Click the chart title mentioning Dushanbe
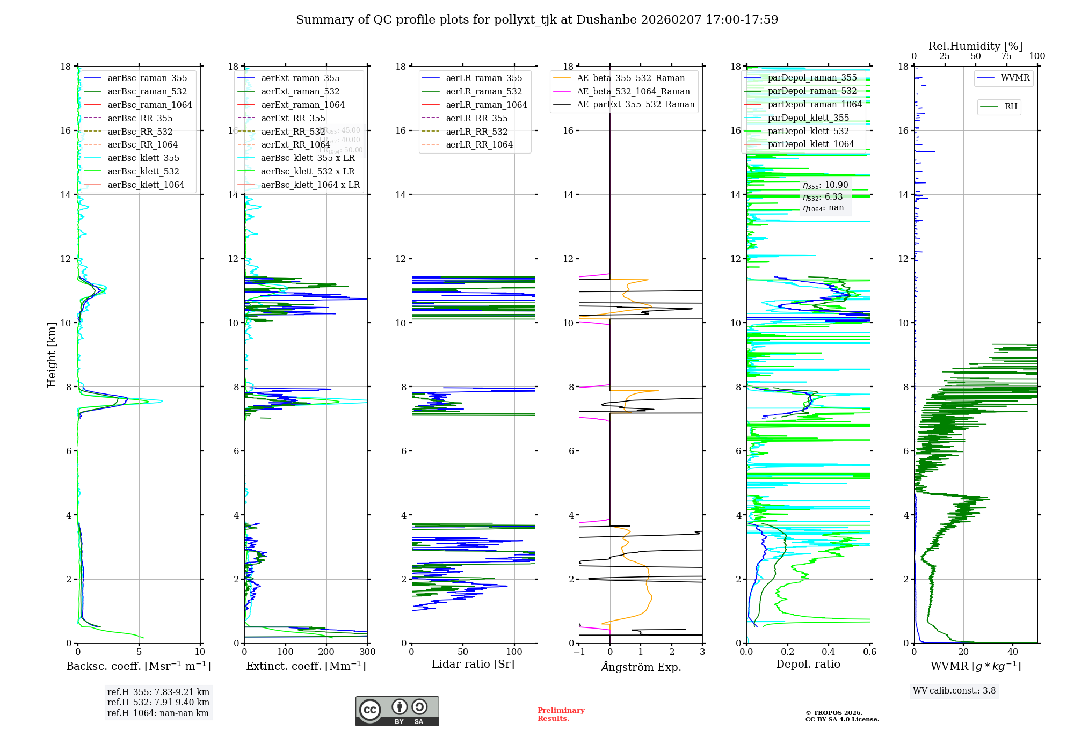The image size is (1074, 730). tap(537, 20)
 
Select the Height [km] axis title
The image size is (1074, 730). tap(52, 355)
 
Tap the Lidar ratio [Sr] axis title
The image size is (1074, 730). tap(473, 665)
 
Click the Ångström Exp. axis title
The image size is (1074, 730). tap(641, 667)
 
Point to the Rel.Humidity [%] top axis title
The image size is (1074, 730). tap(975, 46)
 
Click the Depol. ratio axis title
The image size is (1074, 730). tap(808, 665)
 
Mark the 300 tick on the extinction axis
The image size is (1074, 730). tap(367, 652)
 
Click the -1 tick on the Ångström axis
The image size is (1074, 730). tap(579, 652)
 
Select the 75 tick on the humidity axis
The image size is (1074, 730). tap(1006, 56)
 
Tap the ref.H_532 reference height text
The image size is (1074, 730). tap(158, 702)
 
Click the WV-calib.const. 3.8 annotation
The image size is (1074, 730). tap(954, 691)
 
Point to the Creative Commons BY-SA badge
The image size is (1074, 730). tap(397, 711)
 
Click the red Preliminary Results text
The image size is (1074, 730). tap(561, 714)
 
